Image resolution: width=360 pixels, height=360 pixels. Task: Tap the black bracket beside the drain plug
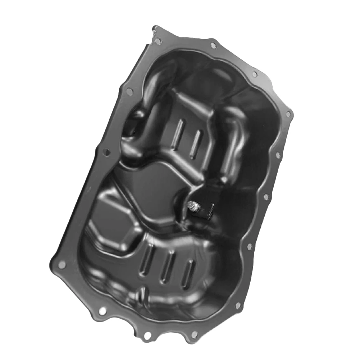click(x=205, y=210)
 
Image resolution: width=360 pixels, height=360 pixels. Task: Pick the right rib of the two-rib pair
click(x=196, y=144)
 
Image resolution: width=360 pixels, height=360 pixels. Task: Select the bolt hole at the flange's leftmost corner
click(x=61, y=265)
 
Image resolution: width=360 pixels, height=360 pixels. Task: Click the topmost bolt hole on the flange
click(x=158, y=41)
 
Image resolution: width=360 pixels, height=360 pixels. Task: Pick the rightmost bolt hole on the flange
click(x=288, y=114)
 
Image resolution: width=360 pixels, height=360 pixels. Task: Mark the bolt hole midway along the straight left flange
click(x=106, y=152)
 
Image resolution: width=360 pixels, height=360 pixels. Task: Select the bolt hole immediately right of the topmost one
click(x=213, y=46)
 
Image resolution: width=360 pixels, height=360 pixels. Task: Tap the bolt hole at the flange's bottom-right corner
click(x=238, y=305)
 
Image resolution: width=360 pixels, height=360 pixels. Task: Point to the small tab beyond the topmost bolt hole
click(x=155, y=29)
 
